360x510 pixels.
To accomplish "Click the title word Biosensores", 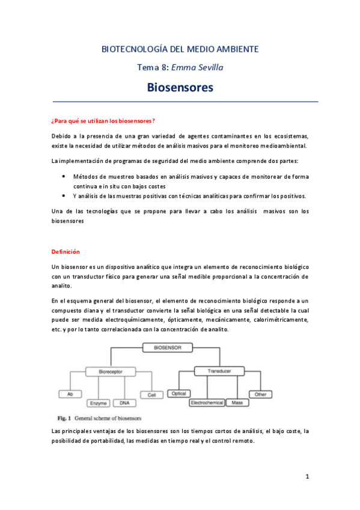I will (x=180, y=88).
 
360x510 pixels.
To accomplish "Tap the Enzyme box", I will (x=98, y=402).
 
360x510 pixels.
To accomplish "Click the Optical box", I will (x=179, y=394).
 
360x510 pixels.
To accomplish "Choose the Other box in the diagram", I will (x=260, y=394).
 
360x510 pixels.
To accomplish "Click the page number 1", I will (x=307, y=477).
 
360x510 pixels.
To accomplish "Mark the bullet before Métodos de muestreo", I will (x=64, y=176).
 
